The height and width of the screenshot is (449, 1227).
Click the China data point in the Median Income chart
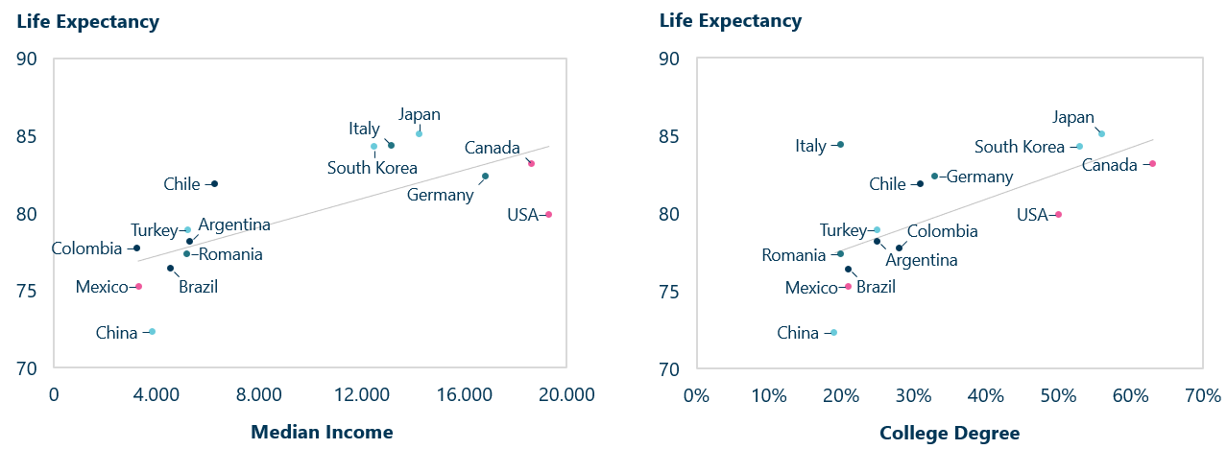pos(152,332)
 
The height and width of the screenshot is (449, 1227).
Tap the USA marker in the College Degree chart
pos(1058,214)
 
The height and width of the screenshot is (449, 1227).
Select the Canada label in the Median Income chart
pos(492,148)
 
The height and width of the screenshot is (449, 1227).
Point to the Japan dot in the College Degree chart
pos(1101,133)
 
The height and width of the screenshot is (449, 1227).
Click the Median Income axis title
pos(322,432)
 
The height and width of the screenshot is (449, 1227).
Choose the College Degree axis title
pos(950,434)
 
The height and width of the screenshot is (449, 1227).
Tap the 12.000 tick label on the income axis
pos(362,395)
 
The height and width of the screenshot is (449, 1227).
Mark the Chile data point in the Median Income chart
pos(214,183)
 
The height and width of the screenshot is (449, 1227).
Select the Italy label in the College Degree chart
pos(810,146)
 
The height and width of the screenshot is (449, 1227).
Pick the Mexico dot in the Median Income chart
pos(138,286)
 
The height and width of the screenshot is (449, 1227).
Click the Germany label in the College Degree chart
pos(980,177)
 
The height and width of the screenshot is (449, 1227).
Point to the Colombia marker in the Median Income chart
pos(136,248)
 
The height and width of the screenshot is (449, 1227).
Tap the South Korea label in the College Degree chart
pos(1020,147)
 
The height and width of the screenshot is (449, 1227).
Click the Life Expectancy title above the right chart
pos(730,20)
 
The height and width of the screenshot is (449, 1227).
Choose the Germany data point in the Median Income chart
pos(485,176)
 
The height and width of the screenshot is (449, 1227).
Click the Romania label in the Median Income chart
pos(230,254)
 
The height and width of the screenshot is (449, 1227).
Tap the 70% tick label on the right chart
pos(1202,395)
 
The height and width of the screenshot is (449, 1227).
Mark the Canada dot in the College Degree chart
pos(1152,163)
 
